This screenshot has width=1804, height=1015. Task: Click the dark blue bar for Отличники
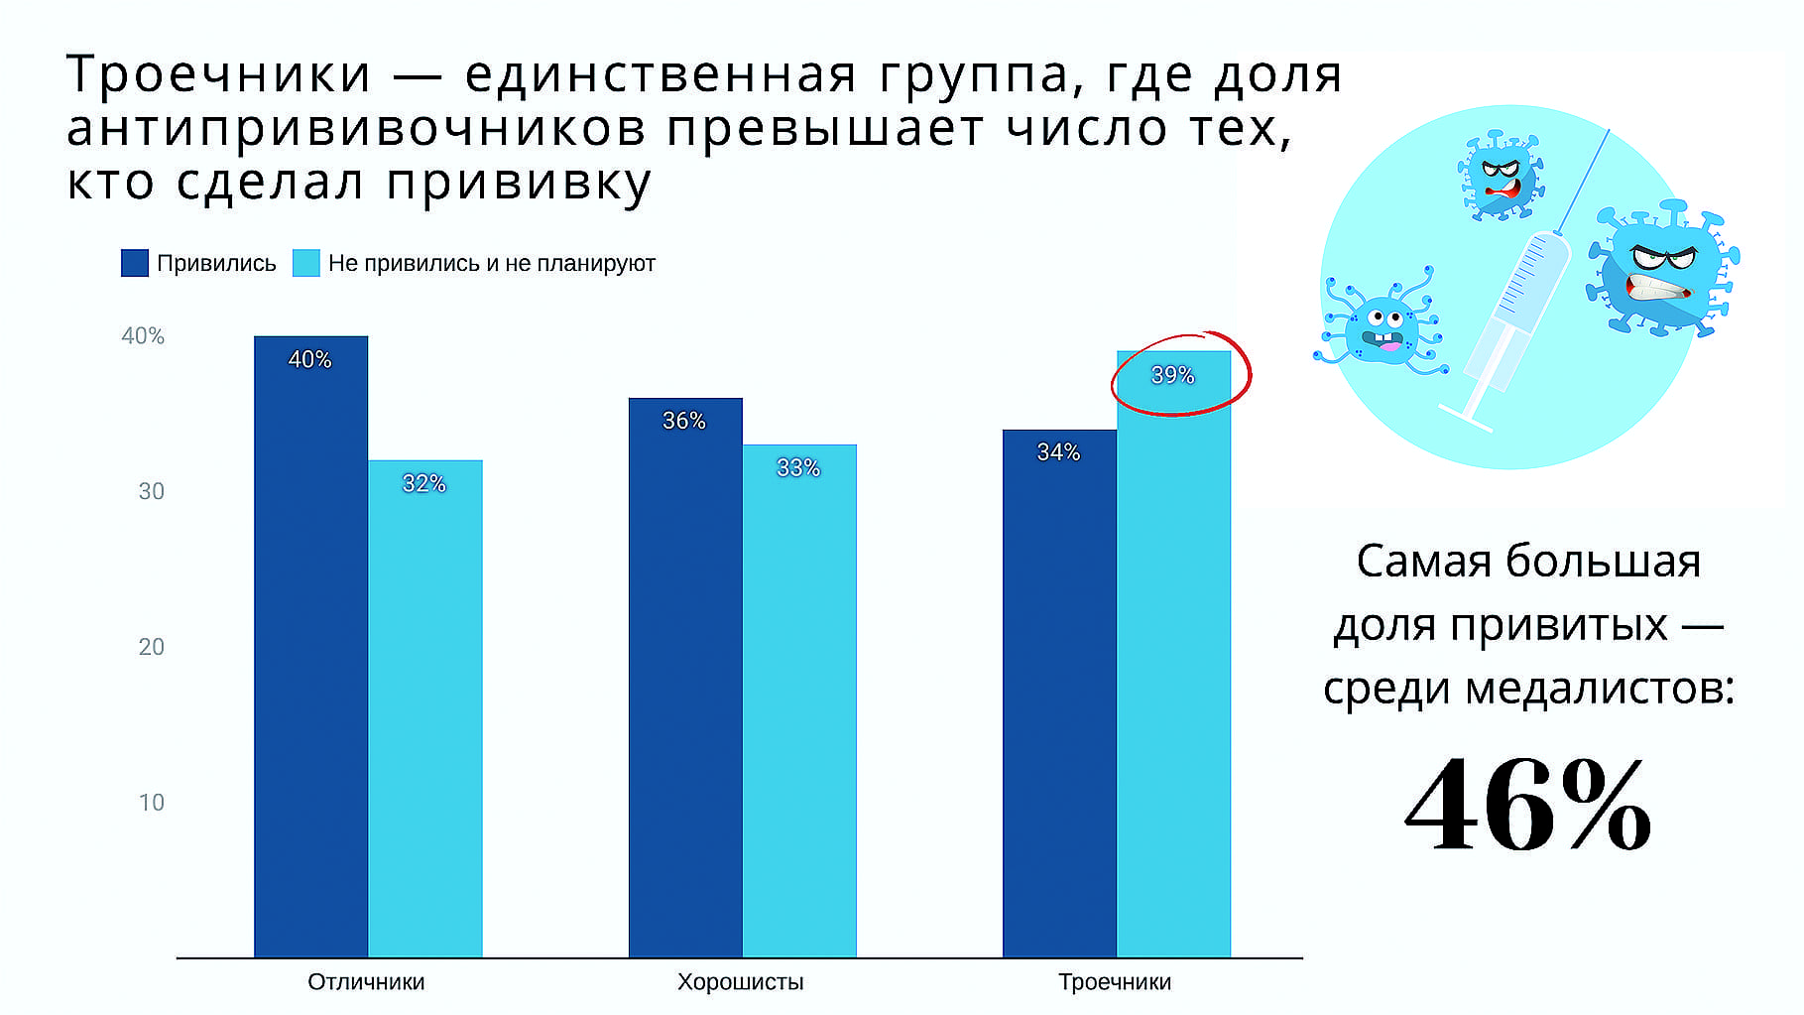pos(310,647)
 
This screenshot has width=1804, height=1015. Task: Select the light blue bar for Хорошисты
pos(799,700)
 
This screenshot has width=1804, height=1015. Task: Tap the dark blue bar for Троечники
pos(1059,694)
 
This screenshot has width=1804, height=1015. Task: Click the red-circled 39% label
pos(1172,375)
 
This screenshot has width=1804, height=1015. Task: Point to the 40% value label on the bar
pos(309,359)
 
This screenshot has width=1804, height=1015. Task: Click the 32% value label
pos(423,483)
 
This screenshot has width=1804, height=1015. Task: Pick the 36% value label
pos(684,421)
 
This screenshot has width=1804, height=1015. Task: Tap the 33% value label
pos(798,467)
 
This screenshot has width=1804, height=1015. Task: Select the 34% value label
pos(1058,452)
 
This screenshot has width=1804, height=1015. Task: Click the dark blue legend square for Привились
pos(135,263)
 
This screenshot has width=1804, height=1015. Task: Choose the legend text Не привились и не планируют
pos(492,263)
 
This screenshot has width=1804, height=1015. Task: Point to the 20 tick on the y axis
pos(152,647)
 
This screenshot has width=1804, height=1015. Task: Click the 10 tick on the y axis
pos(152,803)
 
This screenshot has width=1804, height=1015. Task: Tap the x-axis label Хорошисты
pos(741,982)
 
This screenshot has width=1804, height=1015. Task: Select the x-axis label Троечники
pos(1115,982)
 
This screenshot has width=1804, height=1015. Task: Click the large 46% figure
pos(1528,805)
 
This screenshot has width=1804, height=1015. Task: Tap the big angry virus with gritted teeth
pos(1661,269)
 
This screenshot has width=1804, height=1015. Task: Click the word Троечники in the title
pos(219,74)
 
